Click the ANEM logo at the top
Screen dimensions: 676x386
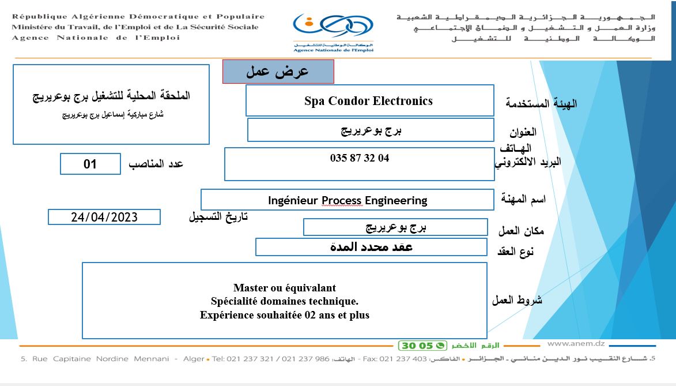[333, 33]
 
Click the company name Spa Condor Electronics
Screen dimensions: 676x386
[369, 101]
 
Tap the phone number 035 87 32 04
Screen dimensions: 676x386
[360, 158]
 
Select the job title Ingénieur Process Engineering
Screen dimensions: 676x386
[348, 200]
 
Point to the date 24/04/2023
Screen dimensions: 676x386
[104, 217]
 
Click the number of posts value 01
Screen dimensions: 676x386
[90, 164]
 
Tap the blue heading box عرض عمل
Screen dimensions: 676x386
[278, 72]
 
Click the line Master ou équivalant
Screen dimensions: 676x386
[285, 287]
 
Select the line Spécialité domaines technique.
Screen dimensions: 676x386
[285, 301]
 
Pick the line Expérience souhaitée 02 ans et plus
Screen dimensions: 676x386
[285, 315]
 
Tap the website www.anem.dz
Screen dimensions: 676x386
[576, 344]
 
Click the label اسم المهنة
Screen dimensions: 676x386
[523, 199]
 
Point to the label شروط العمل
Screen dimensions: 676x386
[517, 299]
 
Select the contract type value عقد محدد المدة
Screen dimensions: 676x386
[371, 247]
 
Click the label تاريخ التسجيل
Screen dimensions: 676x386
[218, 216]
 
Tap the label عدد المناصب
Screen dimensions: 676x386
[156, 164]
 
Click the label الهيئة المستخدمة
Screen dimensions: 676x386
[541, 104]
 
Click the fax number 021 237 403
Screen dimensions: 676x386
[403, 359]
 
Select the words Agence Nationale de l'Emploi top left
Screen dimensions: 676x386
[96, 38]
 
